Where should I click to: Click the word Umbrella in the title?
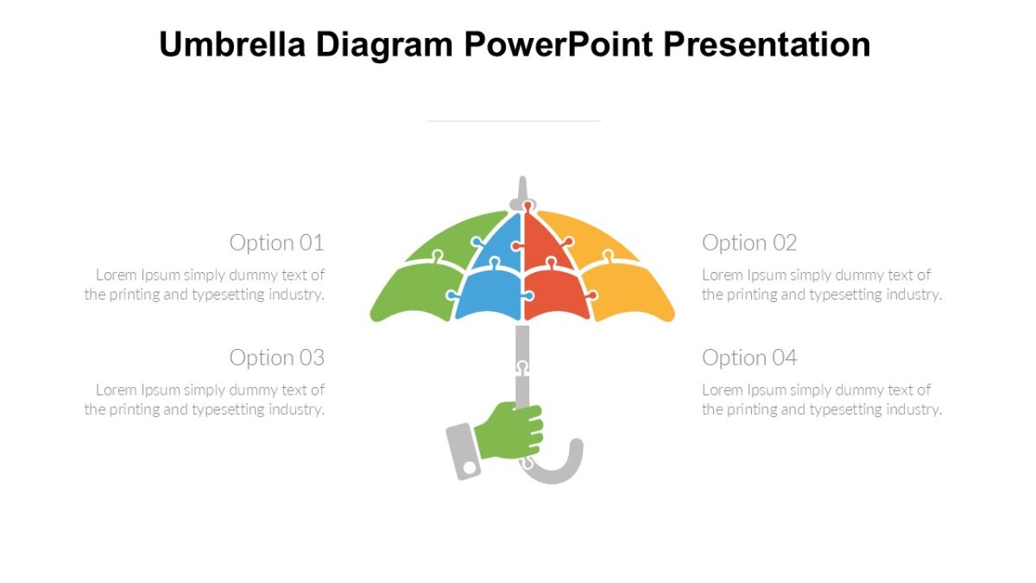click(x=232, y=44)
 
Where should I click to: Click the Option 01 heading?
click(x=276, y=243)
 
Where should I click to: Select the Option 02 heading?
click(x=749, y=243)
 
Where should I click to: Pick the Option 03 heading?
click(x=276, y=358)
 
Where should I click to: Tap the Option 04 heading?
click(x=749, y=358)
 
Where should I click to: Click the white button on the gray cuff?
click(x=470, y=467)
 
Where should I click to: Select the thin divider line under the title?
click(x=514, y=122)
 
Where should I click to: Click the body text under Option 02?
click(x=821, y=285)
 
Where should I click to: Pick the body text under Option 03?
click(x=205, y=400)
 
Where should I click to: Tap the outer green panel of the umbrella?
click(x=410, y=289)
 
